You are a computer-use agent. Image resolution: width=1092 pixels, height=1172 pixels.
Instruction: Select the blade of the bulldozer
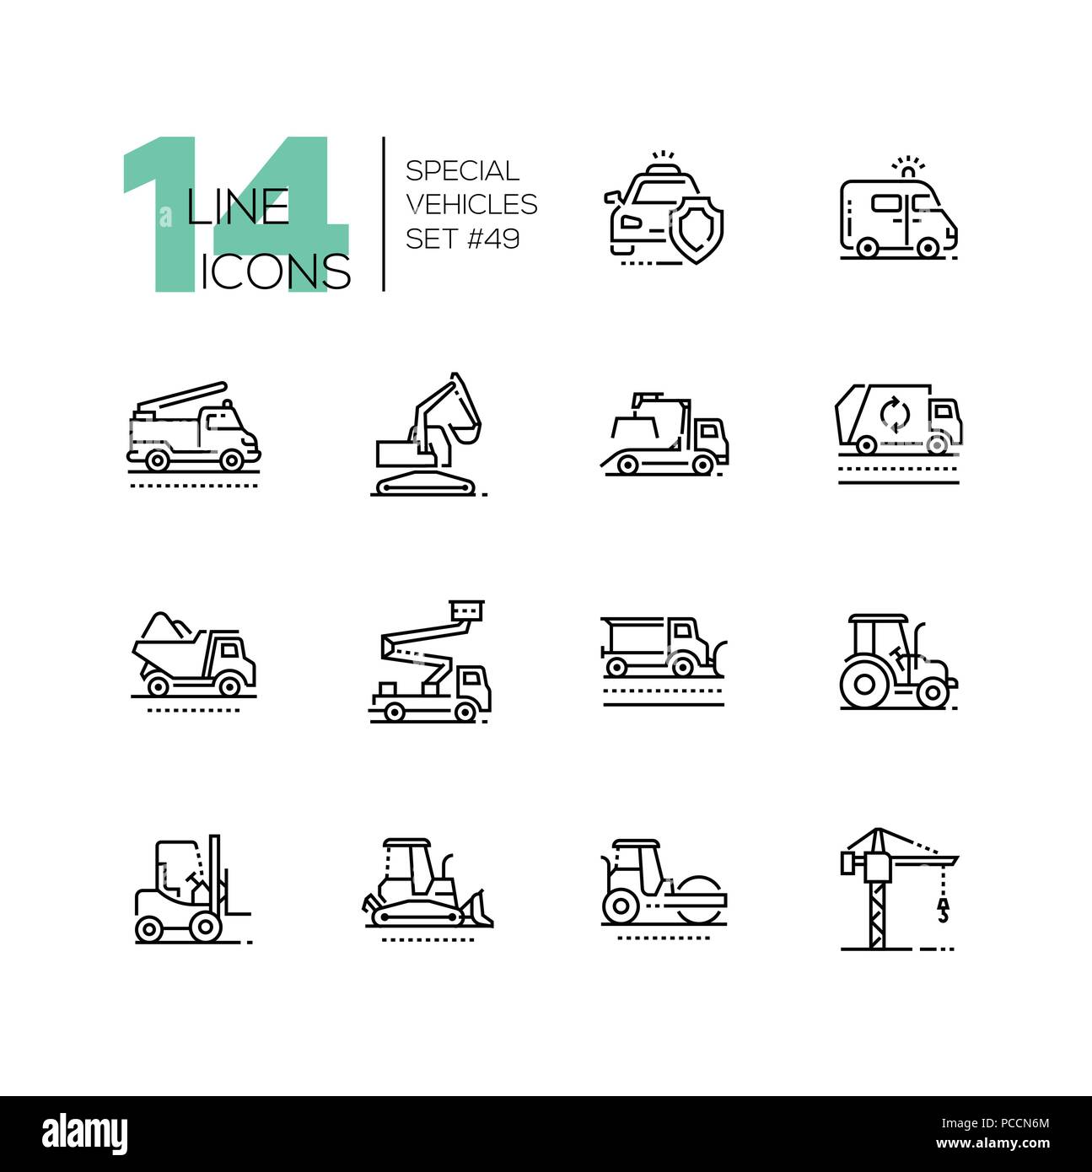pos(478,908)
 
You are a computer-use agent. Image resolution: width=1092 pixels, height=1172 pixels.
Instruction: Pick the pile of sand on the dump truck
pos(167,626)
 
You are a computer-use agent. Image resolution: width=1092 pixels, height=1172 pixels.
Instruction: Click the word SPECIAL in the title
pos(462,171)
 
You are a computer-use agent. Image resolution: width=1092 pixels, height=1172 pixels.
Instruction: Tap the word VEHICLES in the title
pos(471,205)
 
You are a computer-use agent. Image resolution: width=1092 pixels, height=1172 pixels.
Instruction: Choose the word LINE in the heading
pos(238,207)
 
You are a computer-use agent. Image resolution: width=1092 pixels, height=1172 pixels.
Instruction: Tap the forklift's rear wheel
pos(149,928)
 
